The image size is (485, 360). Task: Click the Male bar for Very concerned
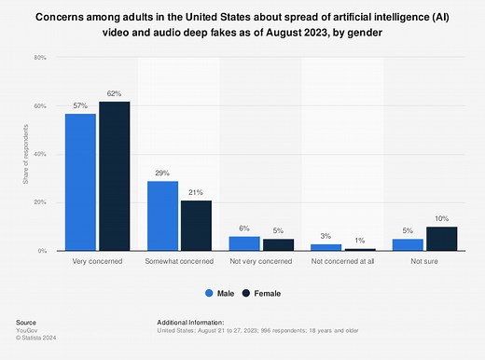80,182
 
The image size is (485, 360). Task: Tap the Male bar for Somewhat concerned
163,215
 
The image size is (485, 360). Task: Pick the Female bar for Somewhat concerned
195,226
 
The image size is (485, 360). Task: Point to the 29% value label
163,173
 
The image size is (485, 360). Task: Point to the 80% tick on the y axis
40,58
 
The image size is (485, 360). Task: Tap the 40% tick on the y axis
40,155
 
